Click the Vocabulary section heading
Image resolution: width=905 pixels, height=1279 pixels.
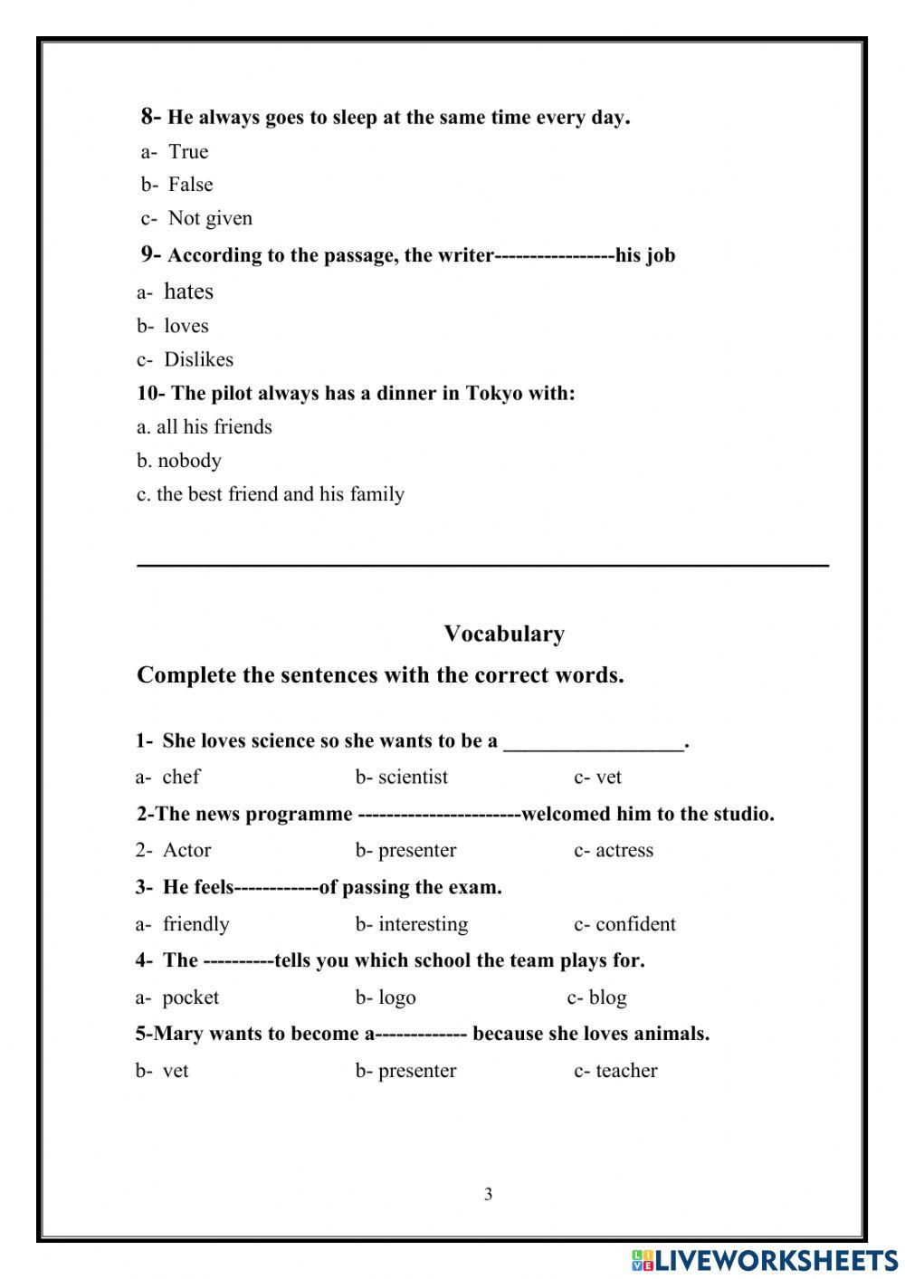coord(504,634)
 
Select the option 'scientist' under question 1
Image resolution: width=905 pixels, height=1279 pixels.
coord(413,777)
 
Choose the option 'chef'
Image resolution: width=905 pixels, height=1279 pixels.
coord(180,777)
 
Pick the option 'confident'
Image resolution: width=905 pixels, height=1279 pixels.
coord(635,924)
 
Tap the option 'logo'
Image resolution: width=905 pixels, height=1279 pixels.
coord(396,997)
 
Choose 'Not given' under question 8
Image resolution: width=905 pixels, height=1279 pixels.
coord(210,218)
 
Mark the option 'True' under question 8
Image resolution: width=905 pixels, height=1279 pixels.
coord(188,151)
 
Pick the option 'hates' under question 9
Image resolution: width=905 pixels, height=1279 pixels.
coord(188,291)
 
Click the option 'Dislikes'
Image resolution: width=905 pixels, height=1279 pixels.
coord(198,359)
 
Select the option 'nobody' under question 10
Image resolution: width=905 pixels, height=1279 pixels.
coord(189,461)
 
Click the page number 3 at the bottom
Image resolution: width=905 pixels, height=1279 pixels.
coord(488,1194)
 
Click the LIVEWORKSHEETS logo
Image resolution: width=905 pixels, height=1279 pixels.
coord(765,1259)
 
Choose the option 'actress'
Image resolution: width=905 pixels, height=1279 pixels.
coord(624,851)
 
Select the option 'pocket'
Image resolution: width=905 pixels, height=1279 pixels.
coord(190,997)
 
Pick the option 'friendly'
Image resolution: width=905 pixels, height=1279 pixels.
coord(195,924)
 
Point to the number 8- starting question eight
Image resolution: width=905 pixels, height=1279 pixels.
coord(150,116)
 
